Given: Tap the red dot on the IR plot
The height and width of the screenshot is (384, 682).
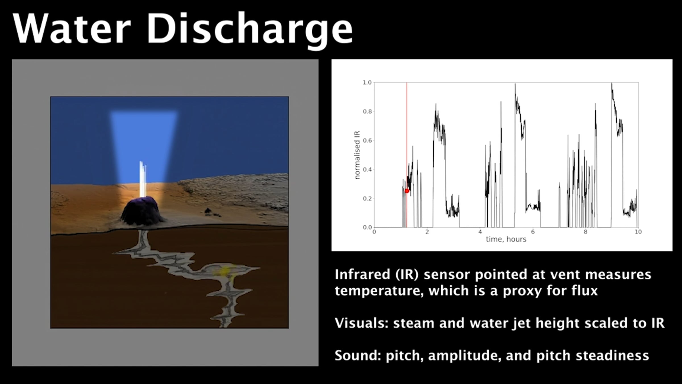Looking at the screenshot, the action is [407, 191].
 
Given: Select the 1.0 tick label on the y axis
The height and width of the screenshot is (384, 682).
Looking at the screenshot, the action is [367, 82].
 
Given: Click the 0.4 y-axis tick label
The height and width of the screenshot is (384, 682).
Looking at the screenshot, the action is [367, 170].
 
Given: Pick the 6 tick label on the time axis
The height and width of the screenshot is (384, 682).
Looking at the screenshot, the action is [533, 232].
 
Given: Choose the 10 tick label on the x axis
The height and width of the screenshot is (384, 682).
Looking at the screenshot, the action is [638, 232].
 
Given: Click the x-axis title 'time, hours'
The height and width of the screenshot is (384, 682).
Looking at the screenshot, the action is [506, 240].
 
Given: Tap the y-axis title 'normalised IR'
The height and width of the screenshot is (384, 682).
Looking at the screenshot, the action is [357, 155].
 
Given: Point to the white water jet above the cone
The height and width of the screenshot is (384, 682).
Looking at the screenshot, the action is [143, 179].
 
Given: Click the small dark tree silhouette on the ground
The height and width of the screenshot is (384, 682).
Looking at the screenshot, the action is [208, 211].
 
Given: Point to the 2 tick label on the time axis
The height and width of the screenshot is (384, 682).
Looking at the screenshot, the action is [427, 232].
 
